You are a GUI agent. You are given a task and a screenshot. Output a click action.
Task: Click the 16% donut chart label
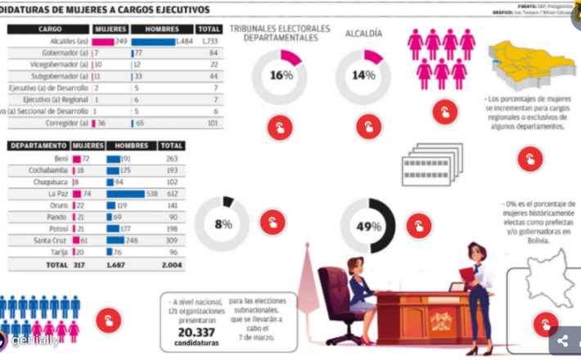pos(281,76)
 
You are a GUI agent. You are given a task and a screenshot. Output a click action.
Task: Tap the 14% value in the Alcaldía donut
pos(363,76)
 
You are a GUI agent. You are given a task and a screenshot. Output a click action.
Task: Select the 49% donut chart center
pos(368,226)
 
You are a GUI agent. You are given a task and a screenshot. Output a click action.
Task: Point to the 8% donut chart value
pos(223,224)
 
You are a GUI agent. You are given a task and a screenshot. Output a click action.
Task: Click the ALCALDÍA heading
pos(363,34)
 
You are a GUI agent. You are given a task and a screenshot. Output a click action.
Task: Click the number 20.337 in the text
pos(196,333)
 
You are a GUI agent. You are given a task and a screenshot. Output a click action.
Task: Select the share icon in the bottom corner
pos(563,341)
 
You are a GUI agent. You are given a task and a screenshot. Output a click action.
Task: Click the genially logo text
pos(34,340)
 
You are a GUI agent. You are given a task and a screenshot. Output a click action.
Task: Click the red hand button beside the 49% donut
pos(419,225)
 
